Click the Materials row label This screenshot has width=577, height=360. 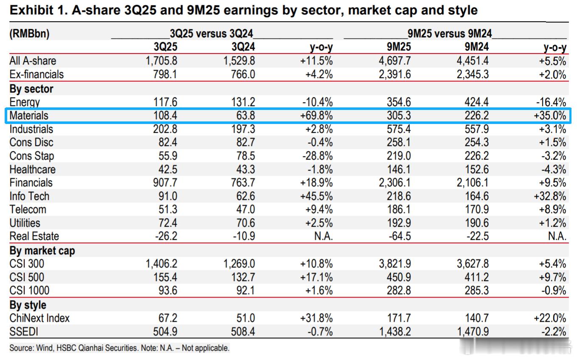29,115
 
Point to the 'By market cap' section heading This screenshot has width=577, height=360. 42,250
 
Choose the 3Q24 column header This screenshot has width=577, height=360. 241,47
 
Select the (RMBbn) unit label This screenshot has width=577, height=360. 29,34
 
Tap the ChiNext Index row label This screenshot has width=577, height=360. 39,318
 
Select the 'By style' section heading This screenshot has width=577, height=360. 28,305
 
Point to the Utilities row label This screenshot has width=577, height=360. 25,223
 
